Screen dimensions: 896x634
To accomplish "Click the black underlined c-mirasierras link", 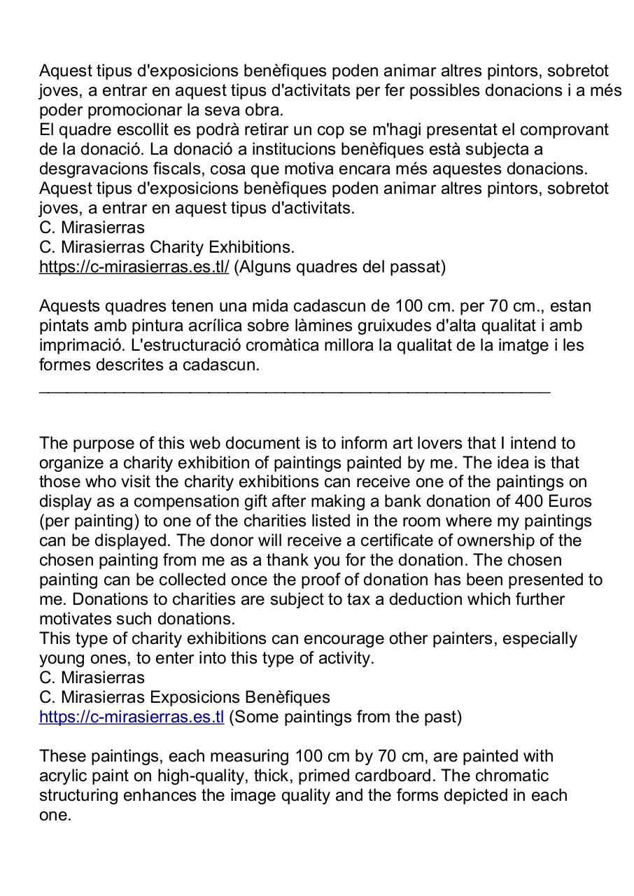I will (134, 267).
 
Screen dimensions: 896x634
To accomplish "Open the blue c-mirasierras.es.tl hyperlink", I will (132, 717).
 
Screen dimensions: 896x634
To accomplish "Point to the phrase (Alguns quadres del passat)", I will (339, 267).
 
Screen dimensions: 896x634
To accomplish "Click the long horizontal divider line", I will (295, 392).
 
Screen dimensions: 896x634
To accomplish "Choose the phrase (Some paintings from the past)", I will (346, 717).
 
